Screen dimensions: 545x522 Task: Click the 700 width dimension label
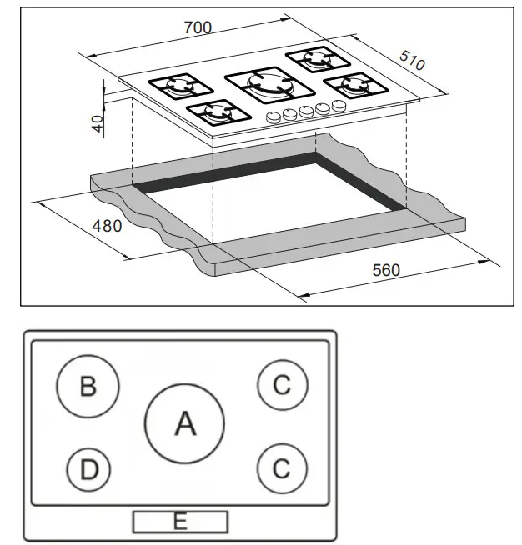[198, 28]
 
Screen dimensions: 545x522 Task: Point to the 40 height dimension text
[98, 123]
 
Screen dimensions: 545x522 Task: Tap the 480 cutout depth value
[107, 225]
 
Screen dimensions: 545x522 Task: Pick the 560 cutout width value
[384, 270]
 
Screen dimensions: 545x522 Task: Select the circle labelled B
[88, 386]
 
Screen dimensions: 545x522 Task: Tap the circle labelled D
[89, 470]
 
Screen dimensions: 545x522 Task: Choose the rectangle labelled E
[179, 522]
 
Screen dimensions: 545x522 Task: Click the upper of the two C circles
[282, 385]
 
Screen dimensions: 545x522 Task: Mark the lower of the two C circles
[282, 467]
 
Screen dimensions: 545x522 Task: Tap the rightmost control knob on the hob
[338, 106]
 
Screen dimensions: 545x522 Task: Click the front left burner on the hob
[216, 112]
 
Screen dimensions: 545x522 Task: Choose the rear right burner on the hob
[318, 59]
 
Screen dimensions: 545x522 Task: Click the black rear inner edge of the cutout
[225, 170]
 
